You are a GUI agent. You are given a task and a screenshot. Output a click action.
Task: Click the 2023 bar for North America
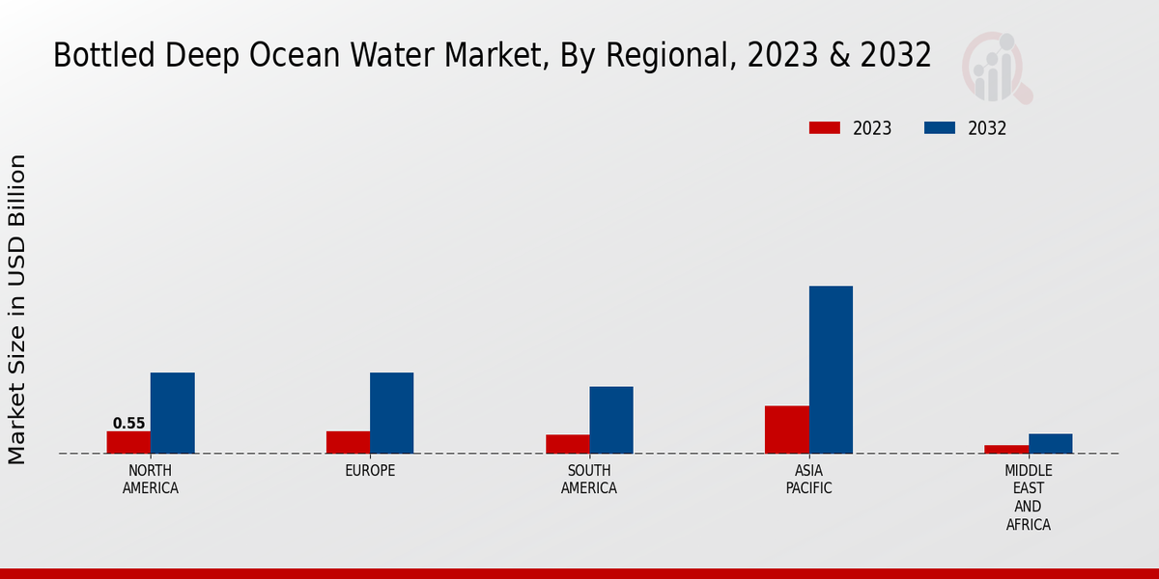point(128,442)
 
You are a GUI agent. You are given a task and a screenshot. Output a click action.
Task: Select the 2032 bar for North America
point(172,413)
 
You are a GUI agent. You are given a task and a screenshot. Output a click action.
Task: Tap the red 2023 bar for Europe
point(348,442)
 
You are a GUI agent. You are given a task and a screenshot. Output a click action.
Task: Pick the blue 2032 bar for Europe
point(391,413)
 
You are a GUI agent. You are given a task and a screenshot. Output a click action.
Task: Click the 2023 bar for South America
point(567,444)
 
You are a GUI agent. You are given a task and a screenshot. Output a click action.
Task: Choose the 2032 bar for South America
point(611,420)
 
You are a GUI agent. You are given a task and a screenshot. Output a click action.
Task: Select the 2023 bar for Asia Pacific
point(786,429)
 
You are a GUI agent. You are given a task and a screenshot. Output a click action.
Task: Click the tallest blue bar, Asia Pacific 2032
point(831,370)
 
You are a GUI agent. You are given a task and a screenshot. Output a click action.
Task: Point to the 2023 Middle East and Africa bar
point(1006,449)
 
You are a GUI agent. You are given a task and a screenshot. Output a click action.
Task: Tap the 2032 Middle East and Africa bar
point(1050,443)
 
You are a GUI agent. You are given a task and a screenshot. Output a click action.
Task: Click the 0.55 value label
point(128,424)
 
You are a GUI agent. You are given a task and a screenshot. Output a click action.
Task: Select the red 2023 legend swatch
point(825,128)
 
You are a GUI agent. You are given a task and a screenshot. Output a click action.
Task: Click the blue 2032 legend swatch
point(940,128)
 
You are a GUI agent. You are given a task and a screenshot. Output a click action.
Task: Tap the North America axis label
point(150,480)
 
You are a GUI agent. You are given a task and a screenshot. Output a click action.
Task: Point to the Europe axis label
point(370,471)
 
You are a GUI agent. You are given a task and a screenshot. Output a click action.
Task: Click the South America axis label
point(589,480)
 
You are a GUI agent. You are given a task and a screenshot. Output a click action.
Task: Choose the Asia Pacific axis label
point(808,480)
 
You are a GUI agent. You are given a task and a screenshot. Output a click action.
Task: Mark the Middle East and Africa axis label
point(1028,497)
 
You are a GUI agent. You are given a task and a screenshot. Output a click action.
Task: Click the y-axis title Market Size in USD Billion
point(17,309)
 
